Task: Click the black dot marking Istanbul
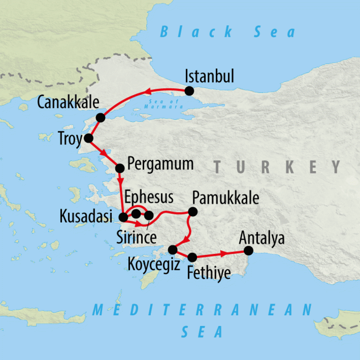click(x=189, y=91)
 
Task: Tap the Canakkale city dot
click(x=101, y=118)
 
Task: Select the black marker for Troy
click(x=88, y=138)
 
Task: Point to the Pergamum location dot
click(x=120, y=168)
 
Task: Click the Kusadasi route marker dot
click(x=124, y=217)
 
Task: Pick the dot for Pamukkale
click(x=193, y=212)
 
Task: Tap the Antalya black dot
click(x=248, y=250)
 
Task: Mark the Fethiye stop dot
click(x=192, y=257)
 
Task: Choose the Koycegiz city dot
click(x=173, y=250)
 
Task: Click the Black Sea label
click(x=228, y=32)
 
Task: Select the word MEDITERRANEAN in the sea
click(x=202, y=310)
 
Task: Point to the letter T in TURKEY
click(x=219, y=167)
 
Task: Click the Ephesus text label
click(x=149, y=198)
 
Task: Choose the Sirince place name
click(x=136, y=237)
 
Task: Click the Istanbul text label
click(x=209, y=76)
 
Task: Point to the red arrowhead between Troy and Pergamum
click(x=103, y=153)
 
